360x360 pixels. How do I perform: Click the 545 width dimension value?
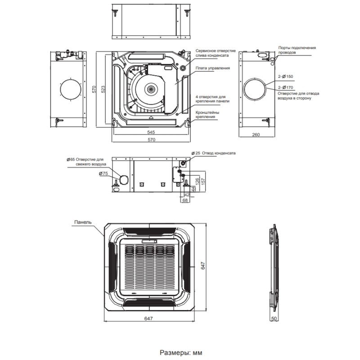click(x=151, y=132)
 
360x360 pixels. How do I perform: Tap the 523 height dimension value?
click(x=103, y=90)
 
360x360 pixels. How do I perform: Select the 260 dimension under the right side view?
click(x=256, y=135)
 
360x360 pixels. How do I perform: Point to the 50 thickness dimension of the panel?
click(x=273, y=319)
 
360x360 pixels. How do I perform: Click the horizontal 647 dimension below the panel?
click(x=149, y=319)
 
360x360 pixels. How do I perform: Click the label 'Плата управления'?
click(x=213, y=68)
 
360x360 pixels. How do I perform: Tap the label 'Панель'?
click(x=83, y=222)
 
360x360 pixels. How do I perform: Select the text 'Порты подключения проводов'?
click(x=297, y=49)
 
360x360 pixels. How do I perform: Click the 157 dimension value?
click(x=203, y=180)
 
